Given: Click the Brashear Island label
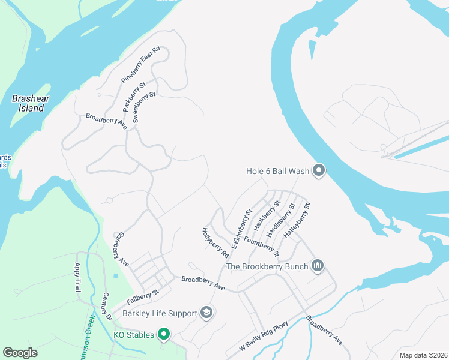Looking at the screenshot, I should (28, 103).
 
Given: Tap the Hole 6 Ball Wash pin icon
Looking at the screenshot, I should (319, 172).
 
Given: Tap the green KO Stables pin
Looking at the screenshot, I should (163, 334).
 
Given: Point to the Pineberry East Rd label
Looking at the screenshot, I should (141, 64).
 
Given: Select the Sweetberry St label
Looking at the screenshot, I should (144, 107).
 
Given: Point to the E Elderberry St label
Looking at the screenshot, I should (242, 229).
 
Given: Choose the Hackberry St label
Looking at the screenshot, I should (267, 215).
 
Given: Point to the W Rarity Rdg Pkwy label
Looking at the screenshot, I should (264, 337).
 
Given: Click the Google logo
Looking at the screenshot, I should (20, 353).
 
